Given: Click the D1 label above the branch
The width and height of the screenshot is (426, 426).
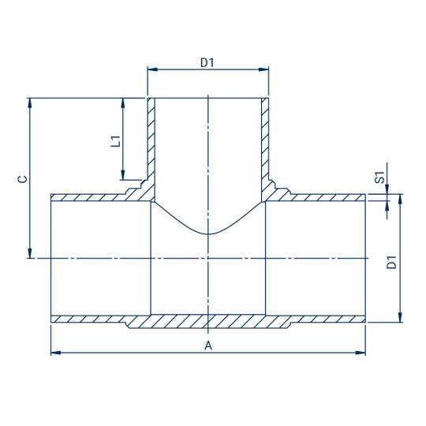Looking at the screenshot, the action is pyautogui.click(x=207, y=62).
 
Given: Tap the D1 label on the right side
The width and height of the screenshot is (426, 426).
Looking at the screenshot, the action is pyautogui.click(x=391, y=262).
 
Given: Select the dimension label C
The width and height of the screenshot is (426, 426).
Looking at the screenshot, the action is pyautogui.click(x=22, y=179).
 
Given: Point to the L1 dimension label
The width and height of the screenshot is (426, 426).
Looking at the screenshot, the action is pyautogui.click(x=115, y=141).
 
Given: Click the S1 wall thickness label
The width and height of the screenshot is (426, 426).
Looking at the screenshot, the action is pyautogui.click(x=380, y=177).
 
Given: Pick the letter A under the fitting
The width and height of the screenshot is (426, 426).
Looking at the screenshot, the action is pyautogui.click(x=208, y=346).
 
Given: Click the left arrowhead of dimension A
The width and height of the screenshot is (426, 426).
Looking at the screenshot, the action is pyautogui.click(x=56, y=353).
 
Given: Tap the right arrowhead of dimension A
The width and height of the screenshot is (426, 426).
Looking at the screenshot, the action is pyautogui.click(x=361, y=353).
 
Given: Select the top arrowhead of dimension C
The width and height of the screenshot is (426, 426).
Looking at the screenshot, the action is pyautogui.click(x=30, y=103).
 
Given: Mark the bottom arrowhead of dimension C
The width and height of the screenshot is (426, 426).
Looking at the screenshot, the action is pyautogui.click(x=30, y=253).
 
